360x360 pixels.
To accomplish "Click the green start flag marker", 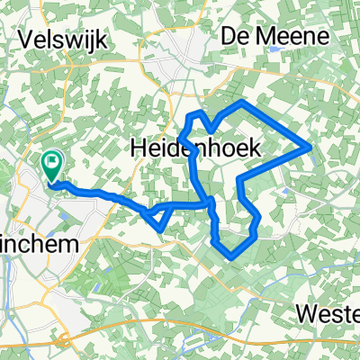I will tap(52, 166).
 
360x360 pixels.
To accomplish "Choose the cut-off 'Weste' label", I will tap(328, 317).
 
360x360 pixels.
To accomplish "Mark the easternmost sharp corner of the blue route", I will tap(310, 144).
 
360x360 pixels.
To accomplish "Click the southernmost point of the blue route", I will tap(233, 256).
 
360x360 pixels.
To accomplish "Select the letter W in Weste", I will tap(304, 317).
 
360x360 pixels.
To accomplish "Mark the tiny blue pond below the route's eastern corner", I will tap(285, 190).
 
